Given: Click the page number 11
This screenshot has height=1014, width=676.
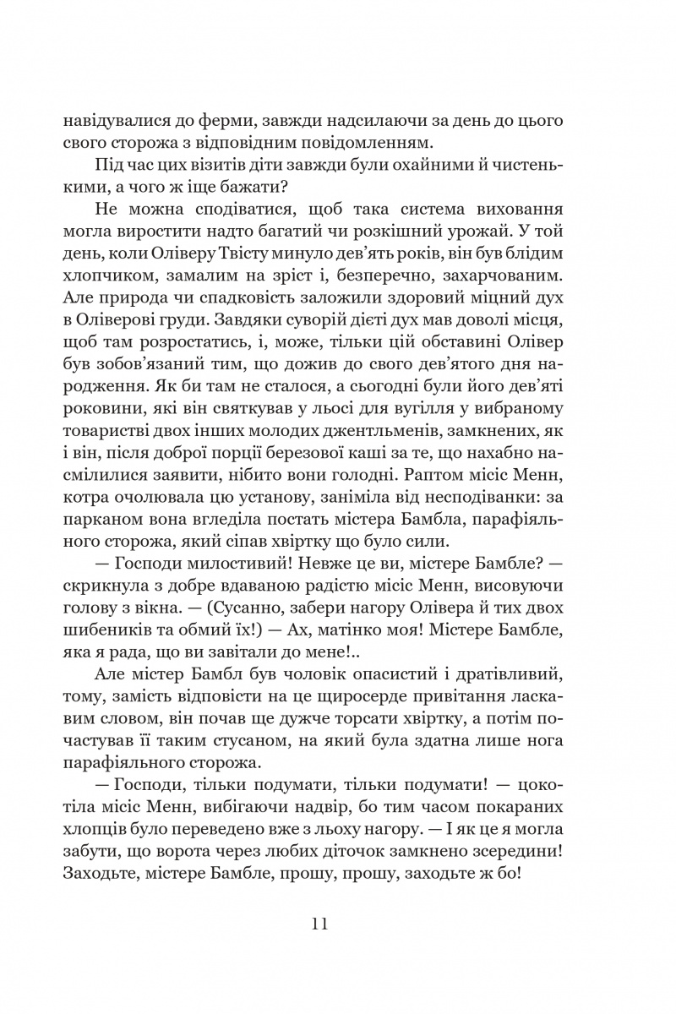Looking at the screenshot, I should tap(318, 922).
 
